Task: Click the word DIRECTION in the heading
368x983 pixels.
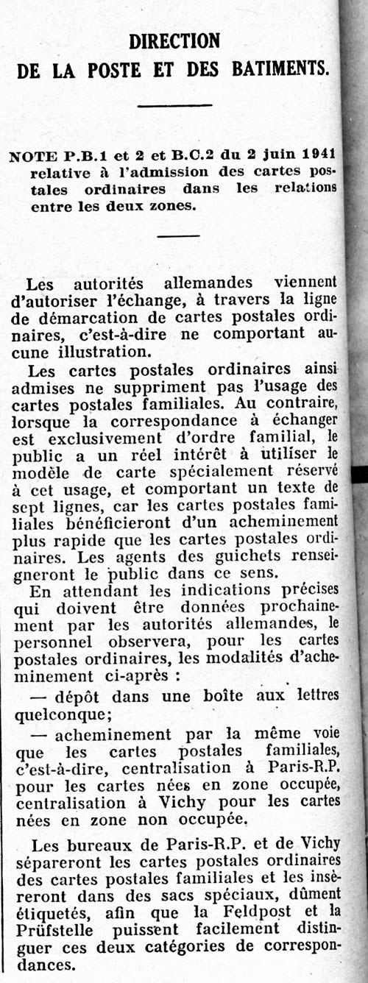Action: [x=174, y=40]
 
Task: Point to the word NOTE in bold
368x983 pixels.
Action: [x=29, y=156]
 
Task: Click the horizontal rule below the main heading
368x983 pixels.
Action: [x=174, y=106]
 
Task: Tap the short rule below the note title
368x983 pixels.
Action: [x=177, y=235]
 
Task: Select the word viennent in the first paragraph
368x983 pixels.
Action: [x=305, y=283]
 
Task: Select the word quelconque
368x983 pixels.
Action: [x=64, y=711]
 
